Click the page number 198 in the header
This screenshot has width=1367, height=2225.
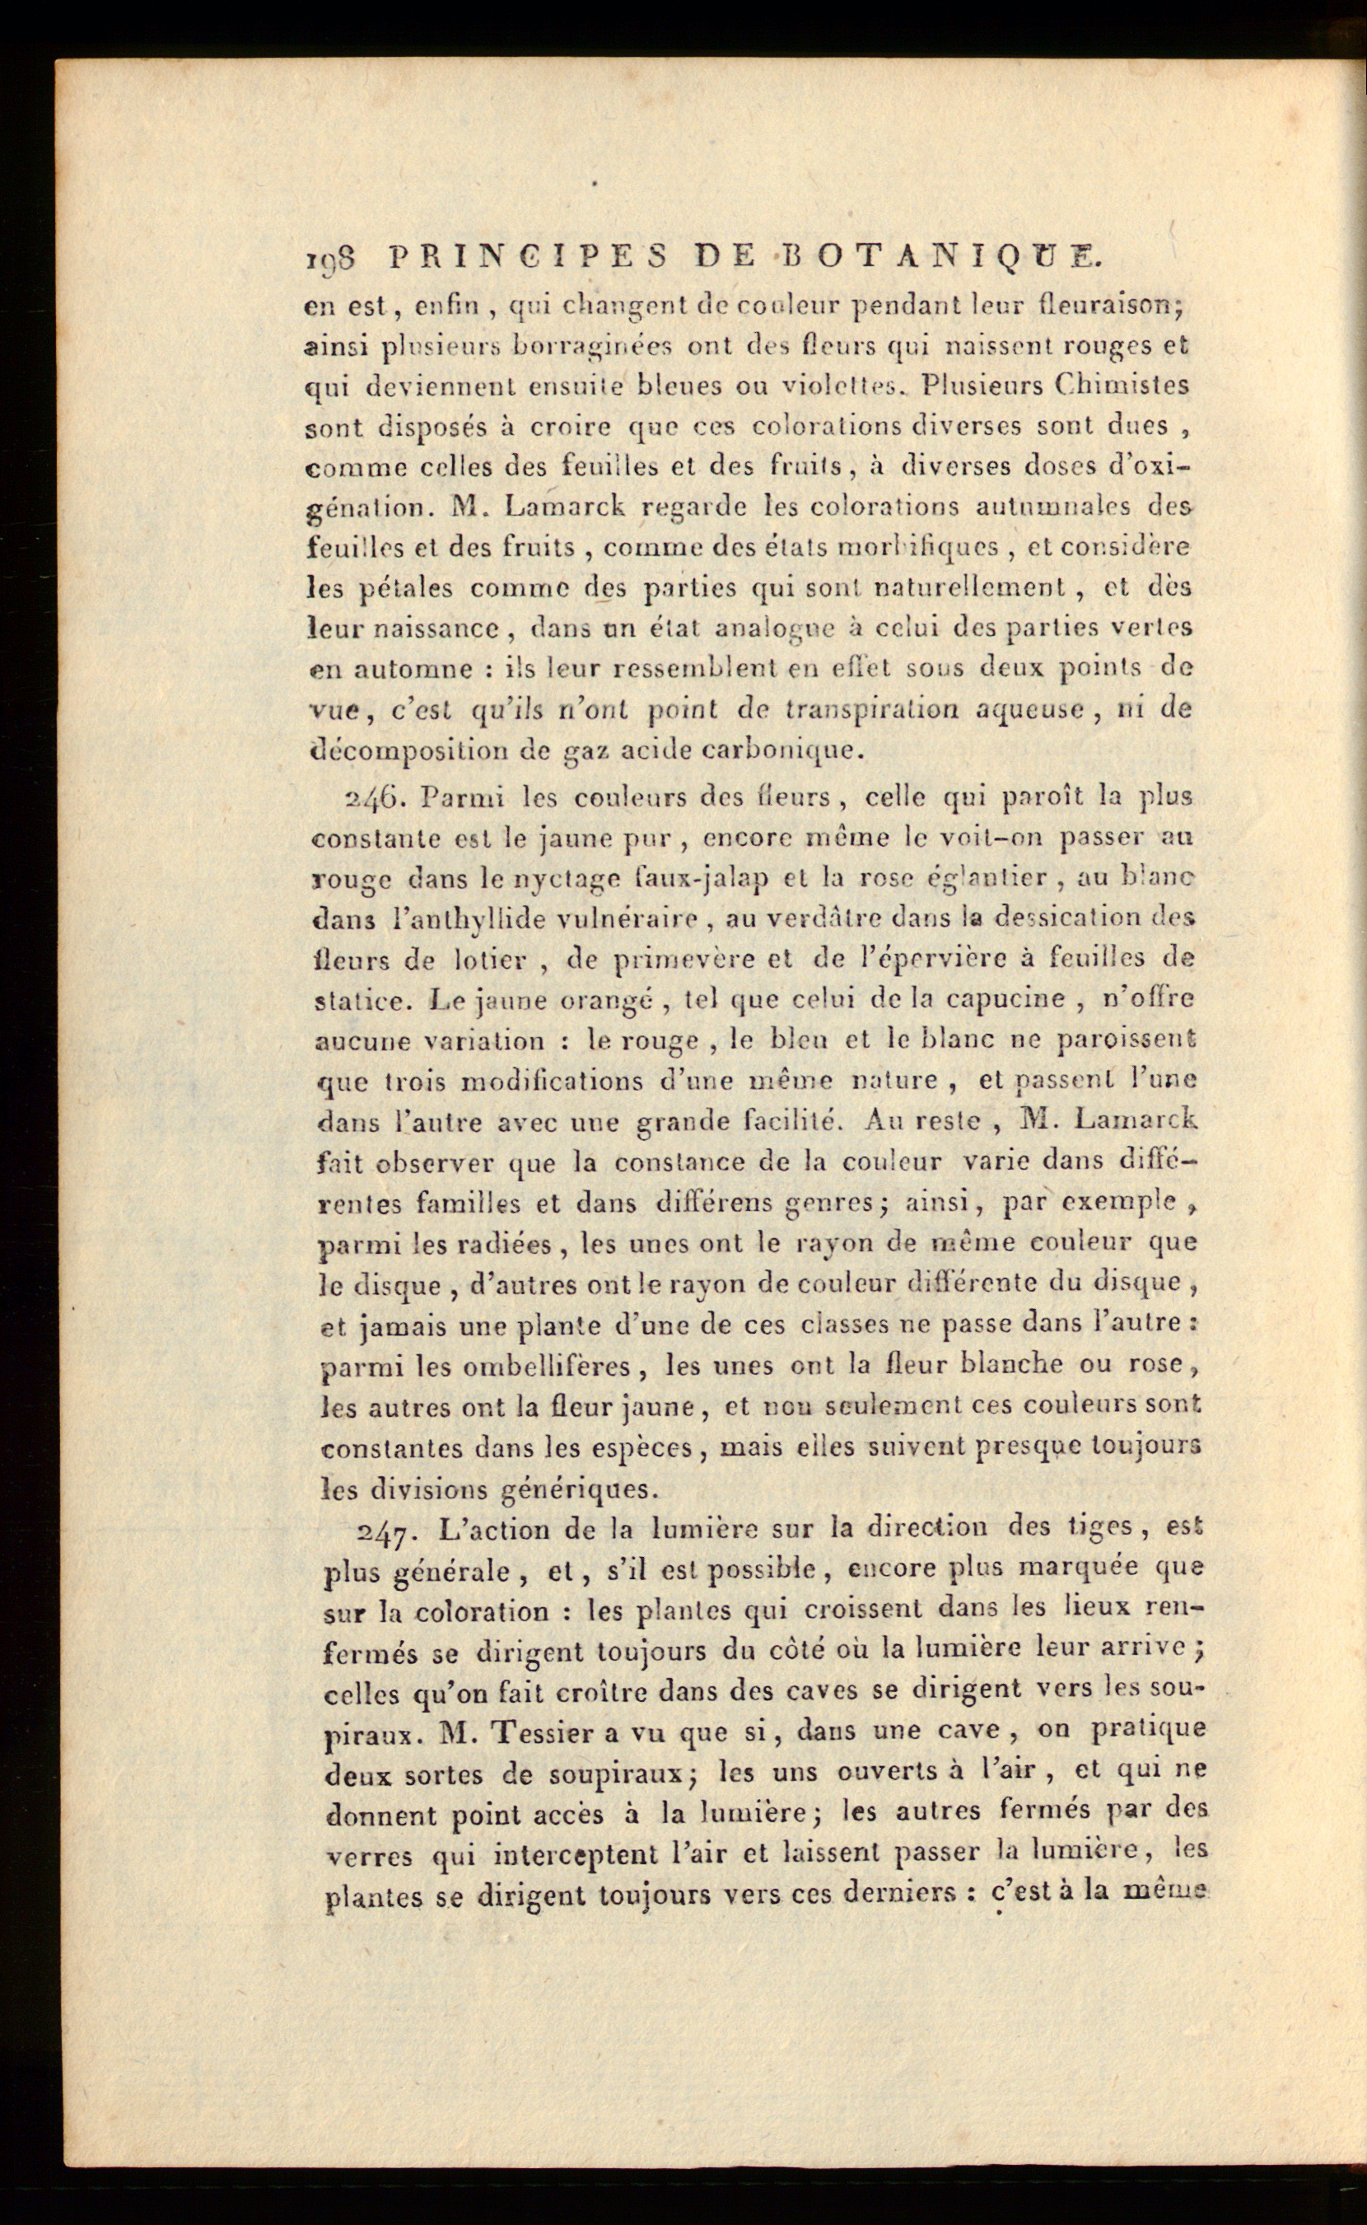click(x=329, y=260)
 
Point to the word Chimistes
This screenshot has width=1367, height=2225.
click(x=1122, y=386)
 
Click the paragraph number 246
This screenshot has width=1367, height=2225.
click(x=371, y=797)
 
